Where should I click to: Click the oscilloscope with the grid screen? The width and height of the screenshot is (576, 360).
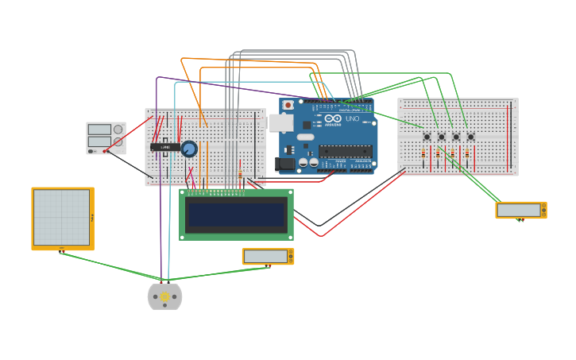click(62, 218)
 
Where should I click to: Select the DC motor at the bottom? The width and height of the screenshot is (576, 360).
click(164, 296)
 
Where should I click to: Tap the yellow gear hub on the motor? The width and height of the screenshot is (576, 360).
click(164, 297)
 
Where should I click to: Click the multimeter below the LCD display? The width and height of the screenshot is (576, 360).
click(268, 256)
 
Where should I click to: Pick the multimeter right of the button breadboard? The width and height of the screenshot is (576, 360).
click(520, 210)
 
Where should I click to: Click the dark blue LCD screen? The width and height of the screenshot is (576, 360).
click(236, 214)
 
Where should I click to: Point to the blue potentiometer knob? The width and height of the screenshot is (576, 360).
click(189, 149)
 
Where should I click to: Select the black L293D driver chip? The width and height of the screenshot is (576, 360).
click(164, 147)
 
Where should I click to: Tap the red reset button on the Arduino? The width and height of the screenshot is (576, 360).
click(288, 105)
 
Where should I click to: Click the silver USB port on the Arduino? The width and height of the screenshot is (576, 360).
click(280, 122)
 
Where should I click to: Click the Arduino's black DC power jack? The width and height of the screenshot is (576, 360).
click(284, 164)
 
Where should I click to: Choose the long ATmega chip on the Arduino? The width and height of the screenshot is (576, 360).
click(345, 150)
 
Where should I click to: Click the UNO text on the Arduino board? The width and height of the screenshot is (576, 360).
click(352, 118)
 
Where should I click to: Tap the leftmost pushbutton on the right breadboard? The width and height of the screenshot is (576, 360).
click(427, 137)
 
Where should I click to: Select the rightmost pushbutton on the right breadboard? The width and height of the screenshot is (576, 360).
click(470, 137)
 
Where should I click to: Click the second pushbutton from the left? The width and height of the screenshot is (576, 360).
click(442, 137)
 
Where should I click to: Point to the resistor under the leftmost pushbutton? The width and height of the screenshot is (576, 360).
click(423, 155)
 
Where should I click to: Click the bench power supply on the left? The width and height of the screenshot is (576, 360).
click(106, 137)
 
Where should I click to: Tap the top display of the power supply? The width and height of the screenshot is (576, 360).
click(99, 129)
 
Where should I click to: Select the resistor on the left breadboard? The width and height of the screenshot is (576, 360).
click(240, 174)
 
